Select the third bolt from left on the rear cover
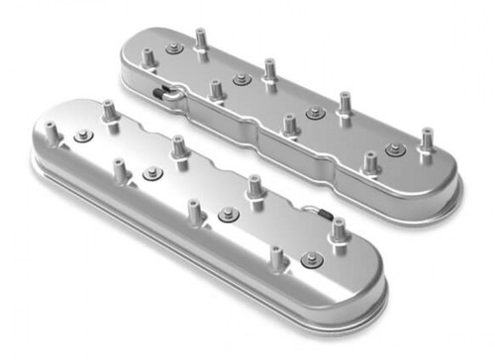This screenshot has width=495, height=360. click(316, 113)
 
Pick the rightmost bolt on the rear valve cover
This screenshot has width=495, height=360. click(395, 149)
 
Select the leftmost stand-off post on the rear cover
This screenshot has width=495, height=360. click(148, 57)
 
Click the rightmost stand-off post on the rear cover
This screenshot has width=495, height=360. click(427, 139)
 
